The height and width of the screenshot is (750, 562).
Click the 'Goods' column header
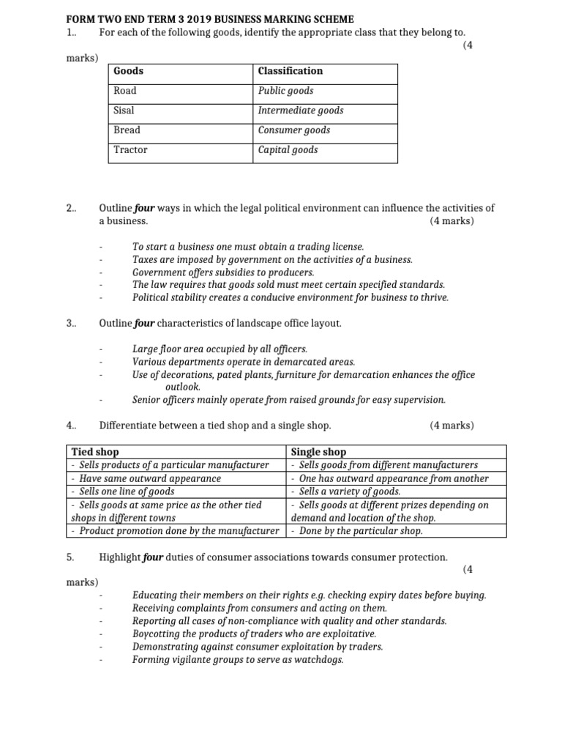tap(129, 71)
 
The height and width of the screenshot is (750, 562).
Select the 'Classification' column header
tap(290, 71)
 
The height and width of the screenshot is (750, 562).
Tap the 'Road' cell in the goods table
tap(125, 91)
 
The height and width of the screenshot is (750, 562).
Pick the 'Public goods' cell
tap(285, 91)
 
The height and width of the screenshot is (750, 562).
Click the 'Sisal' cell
tap(124, 111)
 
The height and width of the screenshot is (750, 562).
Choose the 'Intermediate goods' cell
tap(300, 111)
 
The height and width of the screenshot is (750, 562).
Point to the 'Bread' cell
tap(127, 130)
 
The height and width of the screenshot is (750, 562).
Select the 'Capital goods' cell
tap(288, 150)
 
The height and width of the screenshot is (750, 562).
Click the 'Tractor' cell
tap(130, 150)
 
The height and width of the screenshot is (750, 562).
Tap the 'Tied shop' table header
tap(94, 452)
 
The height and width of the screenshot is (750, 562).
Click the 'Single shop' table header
tap(318, 452)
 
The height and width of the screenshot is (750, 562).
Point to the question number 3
tap(70, 323)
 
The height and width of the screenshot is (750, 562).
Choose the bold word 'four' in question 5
tap(152, 557)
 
